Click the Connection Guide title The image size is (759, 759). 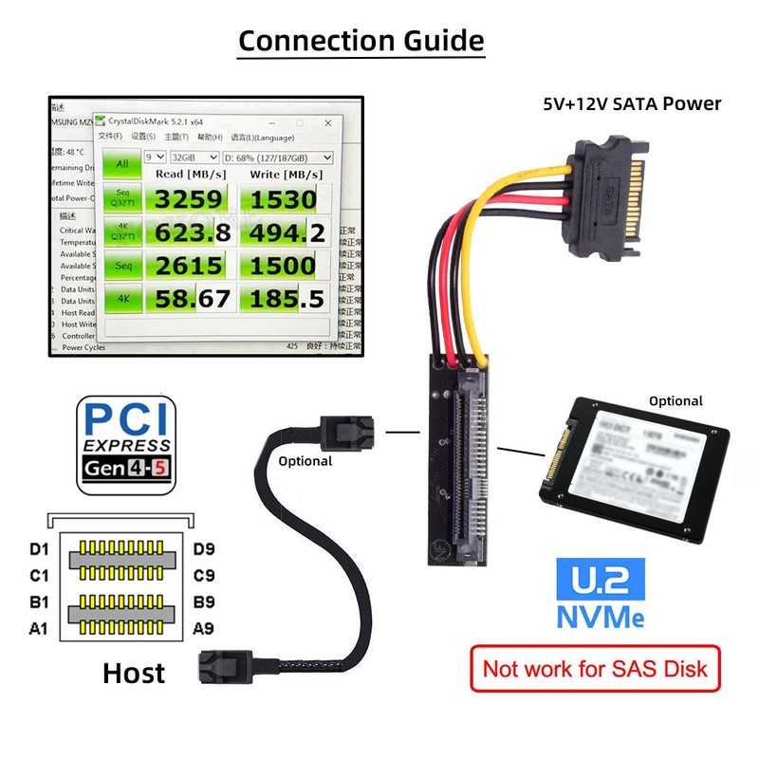point(361,41)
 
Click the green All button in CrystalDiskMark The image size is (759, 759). point(122,163)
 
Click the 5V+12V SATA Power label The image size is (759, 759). point(632,103)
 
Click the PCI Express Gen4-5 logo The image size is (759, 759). point(126,444)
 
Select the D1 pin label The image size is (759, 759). point(39,548)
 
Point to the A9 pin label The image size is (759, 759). point(203,627)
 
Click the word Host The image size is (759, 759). point(133,673)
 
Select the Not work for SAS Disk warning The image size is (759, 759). point(595,668)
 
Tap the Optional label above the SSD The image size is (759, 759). point(676,400)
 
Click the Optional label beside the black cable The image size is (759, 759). point(305,461)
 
